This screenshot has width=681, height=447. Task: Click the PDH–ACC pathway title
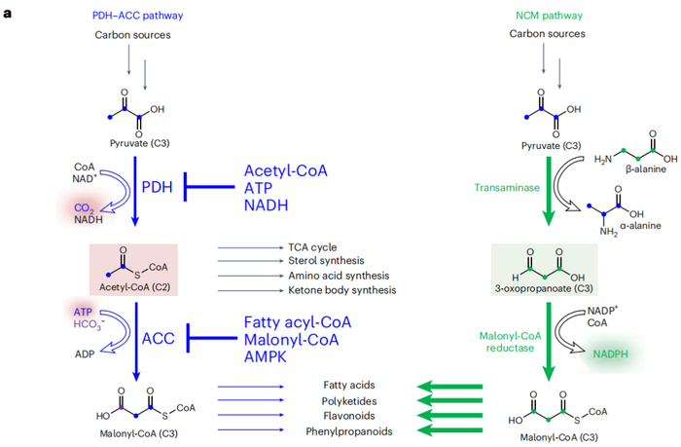[137, 17]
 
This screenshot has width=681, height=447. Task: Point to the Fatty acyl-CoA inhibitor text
[298, 320]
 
